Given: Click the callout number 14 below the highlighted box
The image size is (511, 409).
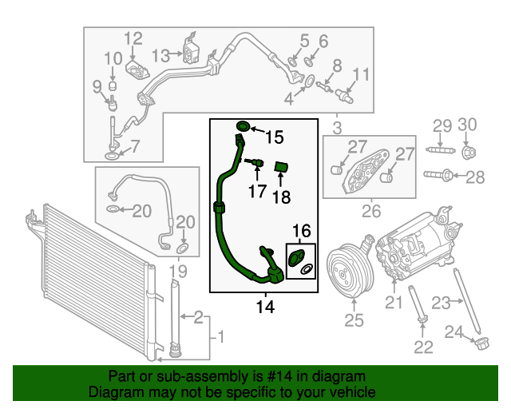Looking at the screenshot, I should (263, 307).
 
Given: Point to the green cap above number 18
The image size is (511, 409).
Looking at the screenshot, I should (280, 166).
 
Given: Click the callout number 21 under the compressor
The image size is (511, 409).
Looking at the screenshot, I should (394, 302).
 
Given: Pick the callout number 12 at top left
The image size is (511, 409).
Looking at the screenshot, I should (133, 38).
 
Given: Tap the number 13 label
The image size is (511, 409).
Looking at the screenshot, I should (161, 55).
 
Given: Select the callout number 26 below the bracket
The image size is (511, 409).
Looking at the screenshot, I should (370, 212).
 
